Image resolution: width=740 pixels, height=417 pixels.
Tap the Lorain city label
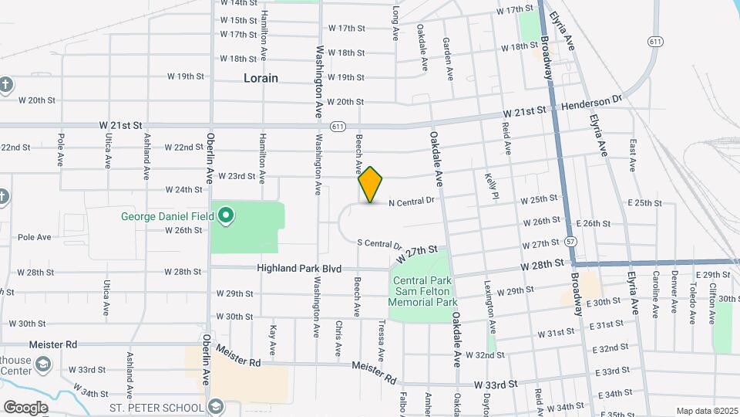point(261,78)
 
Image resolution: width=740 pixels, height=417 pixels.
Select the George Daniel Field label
point(166,216)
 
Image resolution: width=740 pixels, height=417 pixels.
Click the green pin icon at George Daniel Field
point(226,217)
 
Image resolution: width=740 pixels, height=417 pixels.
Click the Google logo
point(25,407)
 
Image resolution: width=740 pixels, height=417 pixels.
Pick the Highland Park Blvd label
point(299,268)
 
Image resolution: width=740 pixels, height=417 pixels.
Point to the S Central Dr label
point(380,242)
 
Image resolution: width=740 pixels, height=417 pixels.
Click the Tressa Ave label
point(381,341)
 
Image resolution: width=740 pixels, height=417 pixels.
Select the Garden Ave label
point(446,60)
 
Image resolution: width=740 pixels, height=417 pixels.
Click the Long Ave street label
point(395,24)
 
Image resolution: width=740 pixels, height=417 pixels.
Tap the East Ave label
point(632,154)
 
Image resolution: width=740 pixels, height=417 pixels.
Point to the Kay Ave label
point(273,341)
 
